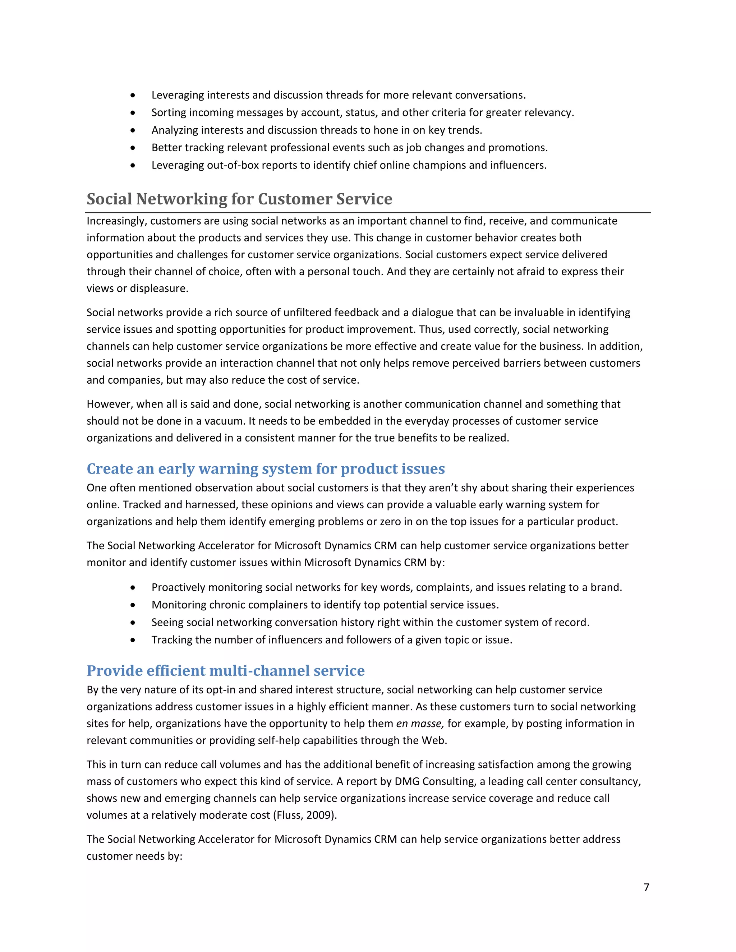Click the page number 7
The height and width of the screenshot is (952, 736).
pos(646,887)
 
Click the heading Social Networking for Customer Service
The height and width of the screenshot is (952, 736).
pos(239,199)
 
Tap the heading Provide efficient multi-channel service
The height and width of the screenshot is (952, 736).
pos(225,670)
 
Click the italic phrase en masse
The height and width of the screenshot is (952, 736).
pos(419,724)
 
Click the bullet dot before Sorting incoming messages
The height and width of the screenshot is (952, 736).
pos(133,113)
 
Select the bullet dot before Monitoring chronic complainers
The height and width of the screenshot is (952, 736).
pos(133,605)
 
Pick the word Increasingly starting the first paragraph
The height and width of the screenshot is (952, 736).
pos(116,221)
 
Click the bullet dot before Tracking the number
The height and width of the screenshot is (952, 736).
pos(133,640)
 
